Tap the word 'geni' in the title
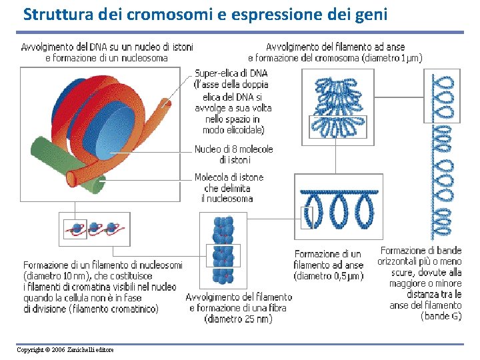[x=369, y=13]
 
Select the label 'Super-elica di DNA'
[x=231, y=73]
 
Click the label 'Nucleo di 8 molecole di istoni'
[x=233, y=154]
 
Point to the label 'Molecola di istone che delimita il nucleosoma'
[x=229, y=187]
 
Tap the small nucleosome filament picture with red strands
[x=94, y=229]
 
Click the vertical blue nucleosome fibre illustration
[x=223, y=249]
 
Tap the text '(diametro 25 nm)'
[x=238, y=319]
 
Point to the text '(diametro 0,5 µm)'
[x=329, y=275]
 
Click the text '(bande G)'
[x=441, y=316]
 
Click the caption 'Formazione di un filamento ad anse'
[x=329, y=259]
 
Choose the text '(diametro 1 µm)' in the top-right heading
[x=392, y=58]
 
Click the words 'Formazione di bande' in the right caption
[x=421, y=251]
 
